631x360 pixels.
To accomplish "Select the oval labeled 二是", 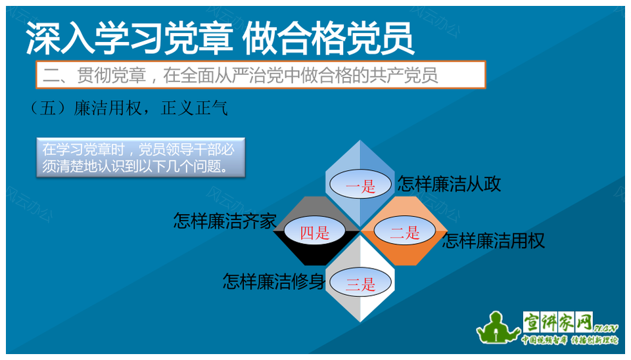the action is (x=404, y=231).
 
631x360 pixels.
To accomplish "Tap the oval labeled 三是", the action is (x=360, y=282).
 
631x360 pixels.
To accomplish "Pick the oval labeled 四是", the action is (x=315, y=232).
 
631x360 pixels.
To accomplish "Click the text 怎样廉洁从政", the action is (x=449, y=184).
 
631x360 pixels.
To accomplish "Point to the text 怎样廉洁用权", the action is (x=494, y=241).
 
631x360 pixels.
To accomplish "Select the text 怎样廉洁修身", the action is (x=274, y=282).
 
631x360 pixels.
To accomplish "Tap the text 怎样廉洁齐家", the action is (x=225, y=221).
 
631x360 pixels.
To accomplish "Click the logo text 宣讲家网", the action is (x=558, y=322).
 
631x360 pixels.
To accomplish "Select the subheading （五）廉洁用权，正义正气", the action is (x=129, y=108).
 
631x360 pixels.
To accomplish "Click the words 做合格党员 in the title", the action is (x=328, y=39).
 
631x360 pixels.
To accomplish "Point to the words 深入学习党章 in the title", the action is (x=129, y=39).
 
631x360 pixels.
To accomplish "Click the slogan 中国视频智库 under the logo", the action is (x=544, y=340).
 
